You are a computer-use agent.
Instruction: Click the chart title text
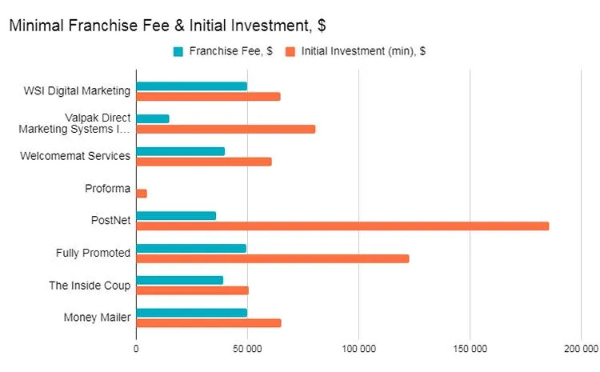(x=166, y=26)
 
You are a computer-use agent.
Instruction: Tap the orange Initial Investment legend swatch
(x=291, y=52)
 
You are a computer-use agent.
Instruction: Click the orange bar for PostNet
(x=342, y=226)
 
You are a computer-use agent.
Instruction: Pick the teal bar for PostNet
(x=176, y=215)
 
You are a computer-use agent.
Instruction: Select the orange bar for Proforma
(x=142, y=194)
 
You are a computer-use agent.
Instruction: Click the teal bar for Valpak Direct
(x=153, y=118)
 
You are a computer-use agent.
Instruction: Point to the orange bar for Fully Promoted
(x=272, y=258)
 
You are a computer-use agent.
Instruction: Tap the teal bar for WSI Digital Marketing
(x=191, y=86)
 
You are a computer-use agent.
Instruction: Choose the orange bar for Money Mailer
(x=208, y=323)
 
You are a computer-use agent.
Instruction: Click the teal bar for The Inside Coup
(x=179, y=280)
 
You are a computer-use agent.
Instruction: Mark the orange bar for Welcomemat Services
(x=204, y=162)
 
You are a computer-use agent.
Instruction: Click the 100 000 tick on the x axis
(x=359, y=348)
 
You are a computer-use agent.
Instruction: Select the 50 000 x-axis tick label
(x=247, y=348)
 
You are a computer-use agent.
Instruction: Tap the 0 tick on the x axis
(x=136, y=348)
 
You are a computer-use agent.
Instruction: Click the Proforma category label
(x=107, y=189)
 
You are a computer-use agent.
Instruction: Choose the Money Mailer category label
(x=97, y=318)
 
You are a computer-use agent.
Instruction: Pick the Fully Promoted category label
(x=93, y=253)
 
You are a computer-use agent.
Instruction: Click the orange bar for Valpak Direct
(x=226, y=129)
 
